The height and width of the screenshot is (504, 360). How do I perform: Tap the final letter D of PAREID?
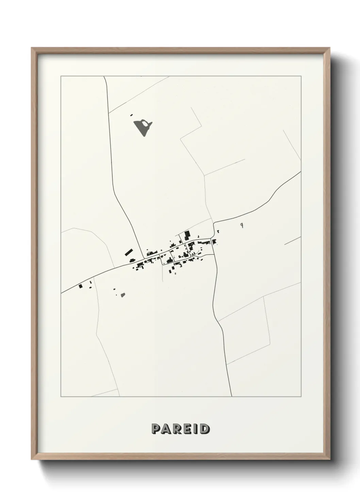pos(204,429)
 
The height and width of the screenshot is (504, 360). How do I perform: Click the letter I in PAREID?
pos(195,429)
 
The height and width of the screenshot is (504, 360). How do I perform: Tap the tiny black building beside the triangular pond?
pos(131,115)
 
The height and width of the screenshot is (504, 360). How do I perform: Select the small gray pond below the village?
pos(123,295)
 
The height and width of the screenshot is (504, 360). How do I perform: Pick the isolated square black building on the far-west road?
pos(81,286)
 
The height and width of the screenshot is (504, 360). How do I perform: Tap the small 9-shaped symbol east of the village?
pos(241,225)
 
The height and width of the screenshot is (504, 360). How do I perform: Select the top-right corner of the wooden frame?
pos(329,49)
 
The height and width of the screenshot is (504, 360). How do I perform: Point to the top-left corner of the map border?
pos(61,76)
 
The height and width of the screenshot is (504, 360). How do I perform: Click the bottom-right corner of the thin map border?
pos(301,397)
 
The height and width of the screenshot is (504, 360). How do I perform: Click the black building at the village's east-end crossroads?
pos(214,242)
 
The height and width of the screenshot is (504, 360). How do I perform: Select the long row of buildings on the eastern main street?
pos(204,242)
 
